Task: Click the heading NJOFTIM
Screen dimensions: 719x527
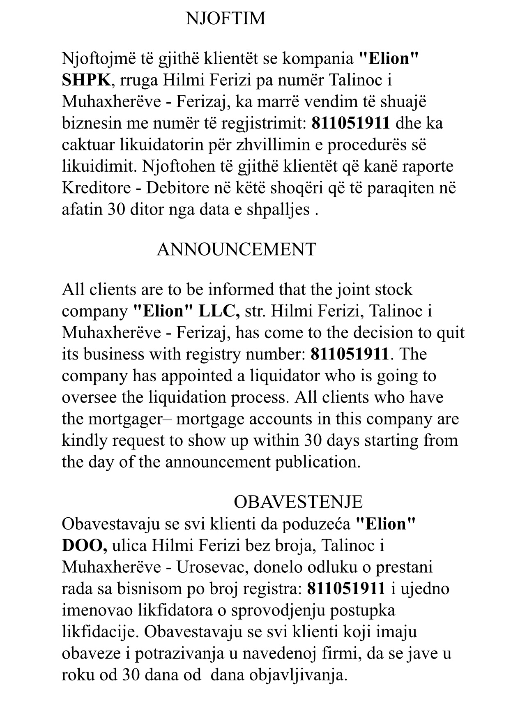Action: pyautogui.click(x=226, y=19)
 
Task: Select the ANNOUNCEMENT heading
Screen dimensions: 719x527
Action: pyautogui.click(x=236, y=249)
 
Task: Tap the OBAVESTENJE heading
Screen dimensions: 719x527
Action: pyautogui.click(x=298, y=502)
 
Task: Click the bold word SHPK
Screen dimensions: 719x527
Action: pyautogui.click(x=85, y=80)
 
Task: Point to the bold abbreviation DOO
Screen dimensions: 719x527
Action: pyautogui.click(x=83, y=546)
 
